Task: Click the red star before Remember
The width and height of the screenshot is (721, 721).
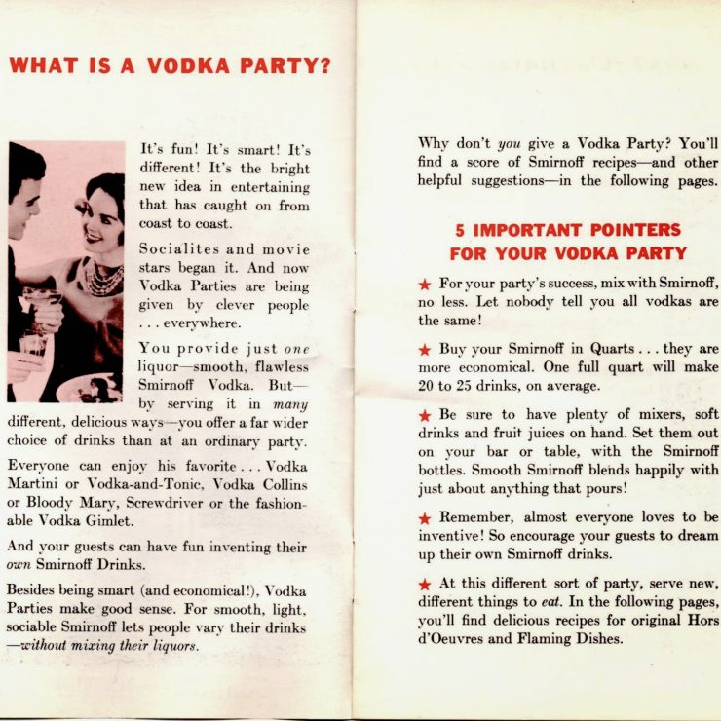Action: [x=424, y=518]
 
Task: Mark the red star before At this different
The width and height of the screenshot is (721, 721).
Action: [x=424, y=585]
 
